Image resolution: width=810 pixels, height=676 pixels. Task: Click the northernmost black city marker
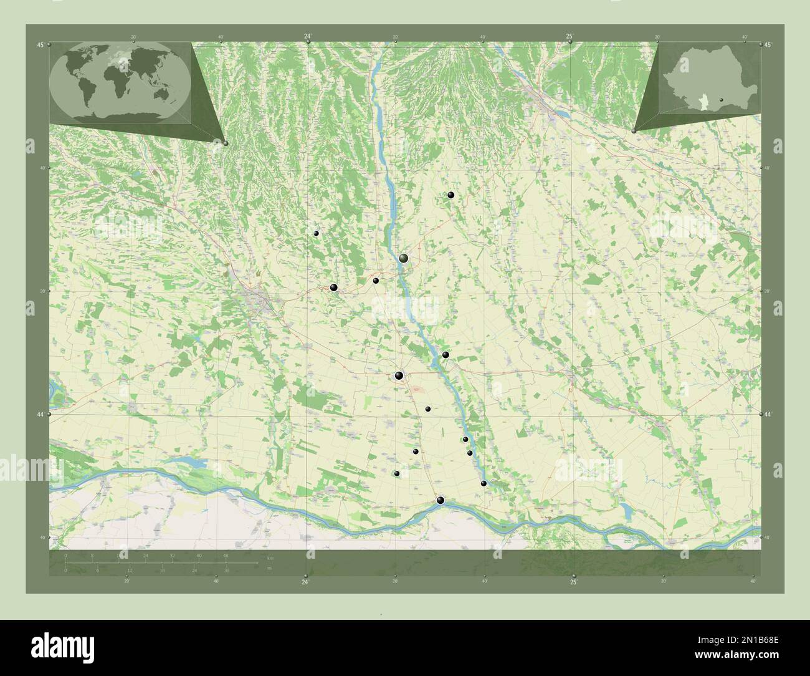pyautogui.click(x=451, y=195)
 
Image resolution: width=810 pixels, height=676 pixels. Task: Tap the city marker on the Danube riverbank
pyautogui.click(x=441, y=500)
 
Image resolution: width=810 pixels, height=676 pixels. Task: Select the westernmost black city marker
pyautogui.click(x=317, y=233)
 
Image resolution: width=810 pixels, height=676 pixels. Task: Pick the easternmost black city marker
pyautogui.click(x=484, y=483)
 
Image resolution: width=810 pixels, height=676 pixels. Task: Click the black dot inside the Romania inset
pyautogui.click(x=721, y=99)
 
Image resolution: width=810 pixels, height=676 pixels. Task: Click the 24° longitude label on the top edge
pyautogui.click(x=307, y=37)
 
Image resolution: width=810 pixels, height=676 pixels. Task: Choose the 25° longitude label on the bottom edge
pyautogui.click(x=573, y=582)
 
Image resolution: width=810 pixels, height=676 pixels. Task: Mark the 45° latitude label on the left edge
pyautogui.click(x=40, y=45)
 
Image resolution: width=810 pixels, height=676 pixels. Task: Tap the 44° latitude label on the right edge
pyautogui.click(x=768, y=414)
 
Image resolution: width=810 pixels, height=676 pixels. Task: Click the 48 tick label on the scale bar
pyautogui.click(x=226, y=555)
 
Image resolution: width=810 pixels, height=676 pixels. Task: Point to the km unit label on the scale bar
pyautogui.click(x=269, y=557)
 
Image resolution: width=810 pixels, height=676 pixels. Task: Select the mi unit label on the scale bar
pyautogui.click(x=269, y=568)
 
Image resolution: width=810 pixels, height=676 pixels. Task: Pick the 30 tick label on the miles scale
pyautogui.click(x=227, y=570)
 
